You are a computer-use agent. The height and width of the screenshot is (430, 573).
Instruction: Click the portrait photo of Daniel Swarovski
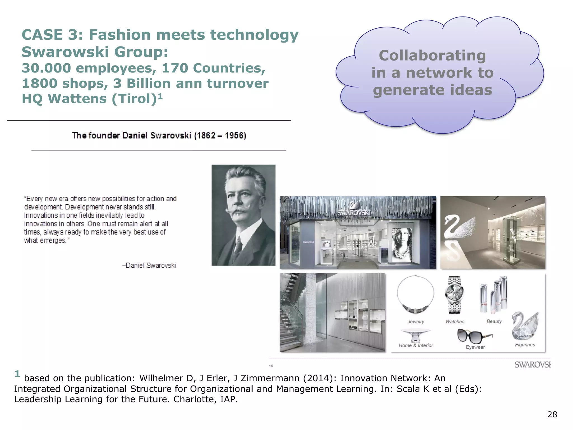tap(243, 215)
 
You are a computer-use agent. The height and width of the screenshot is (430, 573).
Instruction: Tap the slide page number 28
tap(552, 414)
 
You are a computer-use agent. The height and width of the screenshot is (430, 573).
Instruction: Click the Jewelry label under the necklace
tap(416, 322)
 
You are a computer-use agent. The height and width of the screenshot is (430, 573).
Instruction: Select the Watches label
tap(455, 322)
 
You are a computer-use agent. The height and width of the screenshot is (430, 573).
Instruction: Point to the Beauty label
tap(494, 321)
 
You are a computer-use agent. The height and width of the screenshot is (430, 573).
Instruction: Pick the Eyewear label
tap(475, 347)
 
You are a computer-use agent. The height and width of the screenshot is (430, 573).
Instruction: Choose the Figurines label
tap(525, 345)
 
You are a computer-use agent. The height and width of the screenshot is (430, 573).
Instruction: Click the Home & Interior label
tap(416, 345)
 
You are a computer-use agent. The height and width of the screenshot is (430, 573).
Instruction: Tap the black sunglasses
tap(474, 336)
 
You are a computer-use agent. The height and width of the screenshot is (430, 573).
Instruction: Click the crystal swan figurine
tap(525, 326)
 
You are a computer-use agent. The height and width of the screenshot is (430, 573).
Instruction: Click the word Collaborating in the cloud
tap(432, 55)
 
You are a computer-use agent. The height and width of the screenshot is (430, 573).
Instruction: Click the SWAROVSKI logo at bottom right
tap(532, 365)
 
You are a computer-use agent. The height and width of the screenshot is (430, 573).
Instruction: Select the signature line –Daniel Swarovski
tap(149, 265)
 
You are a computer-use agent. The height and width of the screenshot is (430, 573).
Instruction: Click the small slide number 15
tap(271, 366)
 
